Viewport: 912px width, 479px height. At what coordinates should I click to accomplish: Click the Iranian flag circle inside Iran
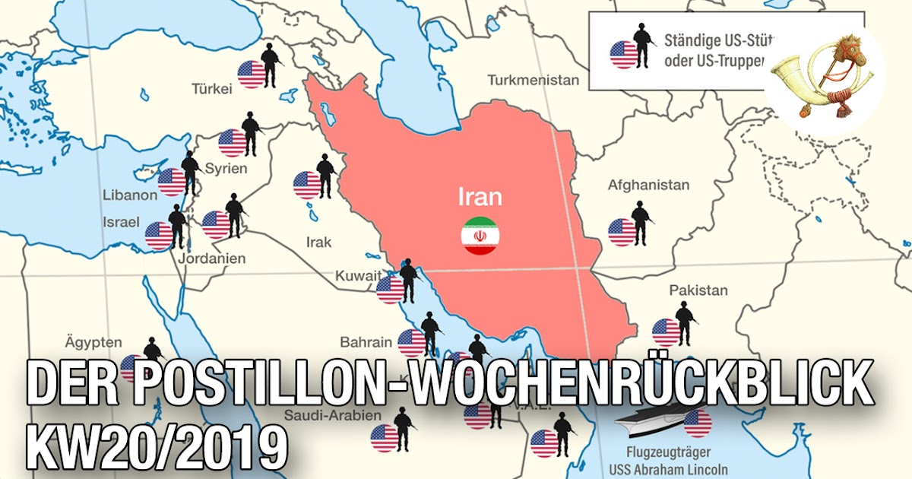[x=480, y=235]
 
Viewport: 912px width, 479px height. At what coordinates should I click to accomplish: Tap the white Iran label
[x=480, y=198]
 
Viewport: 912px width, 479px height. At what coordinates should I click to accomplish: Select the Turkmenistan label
[x=533, y=80]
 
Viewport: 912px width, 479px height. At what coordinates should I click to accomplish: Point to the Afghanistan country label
[x=648, y=185]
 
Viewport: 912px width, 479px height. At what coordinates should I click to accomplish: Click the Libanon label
[x=130, y=195]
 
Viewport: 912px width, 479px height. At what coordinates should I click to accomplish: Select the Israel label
[x=121, y=222]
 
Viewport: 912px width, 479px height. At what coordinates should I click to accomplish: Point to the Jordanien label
[x=211, y=259]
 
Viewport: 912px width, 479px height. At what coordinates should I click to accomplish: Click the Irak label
[x=318, y=243]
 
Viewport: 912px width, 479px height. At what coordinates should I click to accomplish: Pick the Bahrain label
[x=366, y=342]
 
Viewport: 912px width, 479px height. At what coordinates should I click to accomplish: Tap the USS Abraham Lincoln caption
[x=669, y=468]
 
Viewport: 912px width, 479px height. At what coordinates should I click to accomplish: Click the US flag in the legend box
[x=624, y=54]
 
